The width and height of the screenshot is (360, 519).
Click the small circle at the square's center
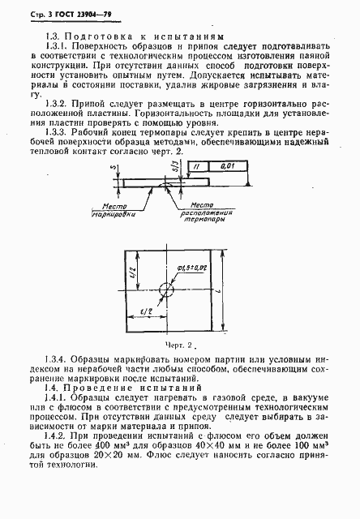tap(168, 290)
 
